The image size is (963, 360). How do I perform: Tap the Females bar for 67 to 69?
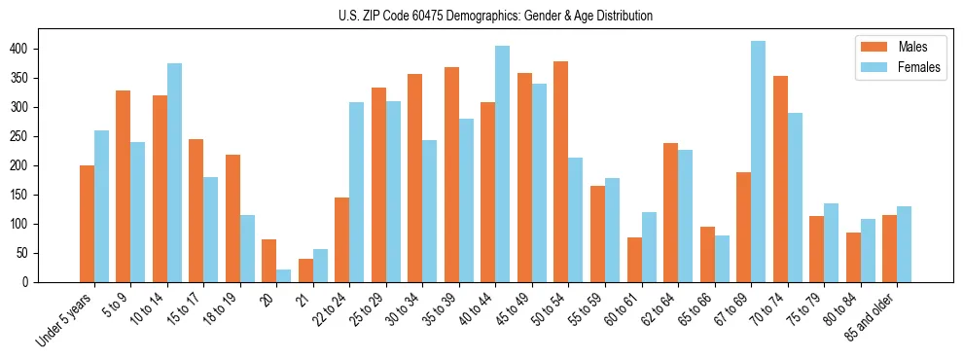pos(758,162)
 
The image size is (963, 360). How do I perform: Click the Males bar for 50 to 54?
pos(561,171)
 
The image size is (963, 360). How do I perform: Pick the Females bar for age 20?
pos(284,275)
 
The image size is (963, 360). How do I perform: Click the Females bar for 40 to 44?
pos(503,163)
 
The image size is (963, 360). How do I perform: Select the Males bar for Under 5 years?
pos(88,224)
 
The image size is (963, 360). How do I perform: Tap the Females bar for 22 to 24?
pos(357,192)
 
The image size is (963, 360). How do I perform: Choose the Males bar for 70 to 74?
pos(780,179)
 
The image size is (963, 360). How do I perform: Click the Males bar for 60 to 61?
pos(634,260)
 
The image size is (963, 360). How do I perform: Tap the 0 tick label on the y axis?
pos(32,282)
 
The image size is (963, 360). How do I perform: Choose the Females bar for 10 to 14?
pos(174,172)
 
